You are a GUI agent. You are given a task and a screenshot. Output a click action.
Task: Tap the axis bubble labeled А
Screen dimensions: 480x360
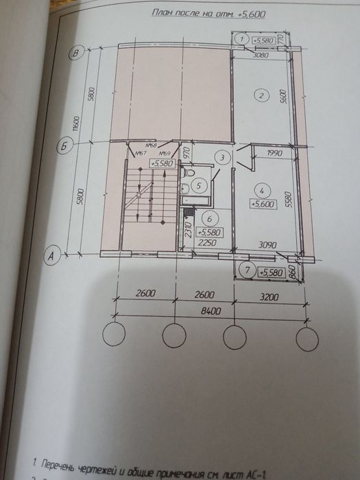click(x=50, y=255)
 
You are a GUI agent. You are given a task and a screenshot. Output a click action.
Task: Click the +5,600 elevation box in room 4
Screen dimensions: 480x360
click(x=263, y=203)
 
